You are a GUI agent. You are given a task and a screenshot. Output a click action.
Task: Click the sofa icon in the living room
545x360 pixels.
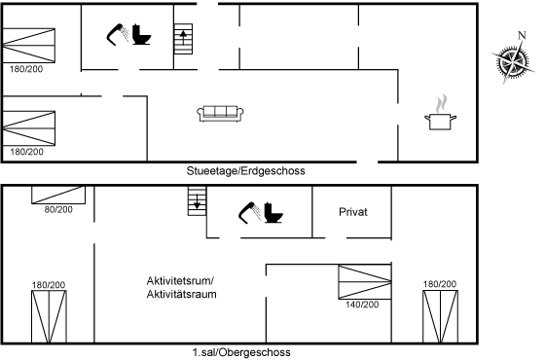220,114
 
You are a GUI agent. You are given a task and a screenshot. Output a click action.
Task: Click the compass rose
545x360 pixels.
513,62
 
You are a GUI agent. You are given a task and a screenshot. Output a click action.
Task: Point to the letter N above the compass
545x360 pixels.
522,35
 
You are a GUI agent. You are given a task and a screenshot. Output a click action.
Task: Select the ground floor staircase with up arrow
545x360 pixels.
183,39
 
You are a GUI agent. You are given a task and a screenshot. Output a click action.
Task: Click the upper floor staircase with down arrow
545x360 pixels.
197,200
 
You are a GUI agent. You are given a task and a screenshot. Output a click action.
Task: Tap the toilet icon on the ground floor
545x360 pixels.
141,34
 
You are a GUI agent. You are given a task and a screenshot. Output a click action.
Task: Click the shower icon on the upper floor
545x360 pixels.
249,213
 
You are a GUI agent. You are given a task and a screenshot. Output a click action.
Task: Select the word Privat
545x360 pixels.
352,212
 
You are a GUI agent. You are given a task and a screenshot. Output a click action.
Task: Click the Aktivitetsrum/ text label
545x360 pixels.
180,280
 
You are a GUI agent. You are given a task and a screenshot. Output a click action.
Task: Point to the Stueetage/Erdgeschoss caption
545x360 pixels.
245,171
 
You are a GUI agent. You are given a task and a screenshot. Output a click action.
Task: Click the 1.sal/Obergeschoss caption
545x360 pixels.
241,352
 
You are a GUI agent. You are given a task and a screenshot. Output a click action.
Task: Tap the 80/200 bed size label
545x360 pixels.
58,209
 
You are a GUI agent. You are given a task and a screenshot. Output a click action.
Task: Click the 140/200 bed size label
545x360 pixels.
362,305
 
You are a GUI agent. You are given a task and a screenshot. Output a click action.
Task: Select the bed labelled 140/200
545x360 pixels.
365,282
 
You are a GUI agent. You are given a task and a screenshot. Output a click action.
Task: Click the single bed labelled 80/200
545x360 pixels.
58,195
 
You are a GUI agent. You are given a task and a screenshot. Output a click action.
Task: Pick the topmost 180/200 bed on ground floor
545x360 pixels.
29,46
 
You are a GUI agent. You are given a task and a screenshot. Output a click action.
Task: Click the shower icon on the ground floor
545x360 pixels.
117,34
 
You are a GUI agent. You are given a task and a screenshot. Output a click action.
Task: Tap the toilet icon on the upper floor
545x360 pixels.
273,213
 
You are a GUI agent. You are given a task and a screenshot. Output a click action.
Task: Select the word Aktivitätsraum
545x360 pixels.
181,294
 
